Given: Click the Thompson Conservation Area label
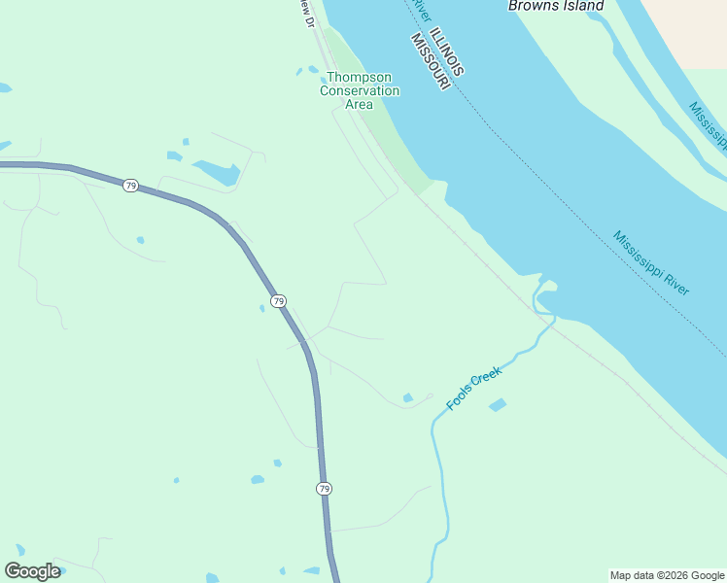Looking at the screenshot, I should point(360,90).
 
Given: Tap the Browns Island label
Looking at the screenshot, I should point(555,6).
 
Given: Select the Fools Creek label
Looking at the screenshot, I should point(474,388).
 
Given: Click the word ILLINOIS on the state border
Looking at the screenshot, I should point(449,51).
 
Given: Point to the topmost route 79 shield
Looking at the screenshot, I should point(129,185).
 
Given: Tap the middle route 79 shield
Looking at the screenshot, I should point(279,301).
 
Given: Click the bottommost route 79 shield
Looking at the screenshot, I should point(324,489).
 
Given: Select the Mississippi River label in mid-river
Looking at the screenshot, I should point(651,262).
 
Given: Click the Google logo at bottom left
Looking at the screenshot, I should point(32,571).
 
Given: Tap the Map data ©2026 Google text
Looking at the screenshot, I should point(667,575).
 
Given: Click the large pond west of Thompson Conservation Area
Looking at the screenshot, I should point(218,172).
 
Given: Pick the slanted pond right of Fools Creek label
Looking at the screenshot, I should point(498,404).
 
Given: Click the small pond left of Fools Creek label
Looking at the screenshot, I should point(408,397).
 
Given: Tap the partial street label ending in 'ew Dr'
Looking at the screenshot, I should point(306,12).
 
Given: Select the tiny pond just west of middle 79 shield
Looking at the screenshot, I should point(261,309).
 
